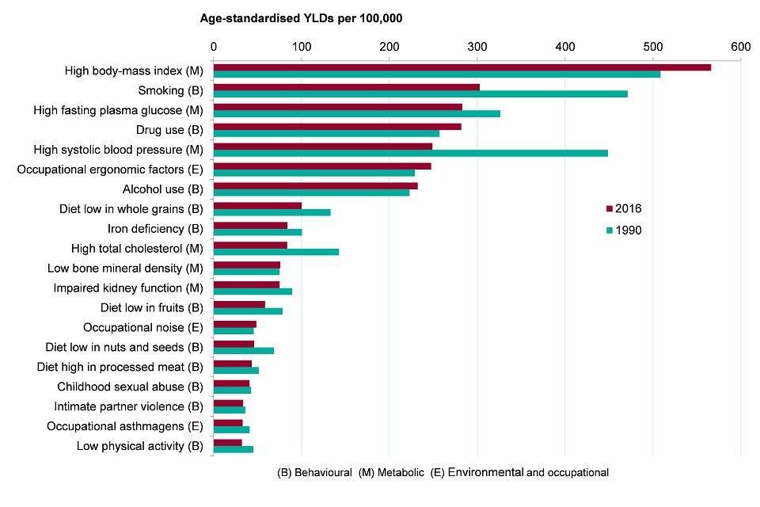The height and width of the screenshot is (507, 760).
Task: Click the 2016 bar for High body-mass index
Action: (x=462, y=67)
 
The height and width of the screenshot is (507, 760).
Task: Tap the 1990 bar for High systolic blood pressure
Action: (x=411, y=153)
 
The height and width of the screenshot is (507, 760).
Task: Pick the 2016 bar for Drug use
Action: (x=337, y=126)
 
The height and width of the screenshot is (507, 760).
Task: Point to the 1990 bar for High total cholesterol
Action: (x=276, y=252)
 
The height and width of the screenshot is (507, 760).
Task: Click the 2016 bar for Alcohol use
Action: (x=316, y=185)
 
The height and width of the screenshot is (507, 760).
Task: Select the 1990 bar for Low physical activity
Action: (x=234, y=449)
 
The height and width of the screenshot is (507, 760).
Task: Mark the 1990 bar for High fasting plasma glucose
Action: (x=357, y=113)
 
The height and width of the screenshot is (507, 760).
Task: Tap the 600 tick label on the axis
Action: (x=740, y=47)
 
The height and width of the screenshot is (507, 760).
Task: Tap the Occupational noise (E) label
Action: (x=143, y=327)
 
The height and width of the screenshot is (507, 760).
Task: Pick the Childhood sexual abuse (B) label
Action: (x=131, y=387)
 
